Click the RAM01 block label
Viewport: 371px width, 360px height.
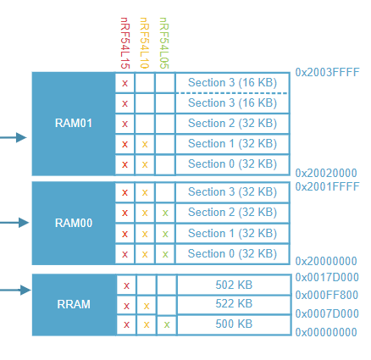click(74, 123)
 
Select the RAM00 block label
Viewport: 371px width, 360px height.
click(74, 223)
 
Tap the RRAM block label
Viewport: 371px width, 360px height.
click(74, 304)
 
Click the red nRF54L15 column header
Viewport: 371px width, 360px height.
click(125, 43)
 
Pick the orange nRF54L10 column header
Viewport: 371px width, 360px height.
click(144, 43)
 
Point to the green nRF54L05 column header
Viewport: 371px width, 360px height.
click(164, 43)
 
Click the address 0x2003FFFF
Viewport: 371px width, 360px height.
click(327, 72)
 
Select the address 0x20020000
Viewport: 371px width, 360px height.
click(326, 173)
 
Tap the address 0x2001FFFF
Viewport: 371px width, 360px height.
click(327, 186)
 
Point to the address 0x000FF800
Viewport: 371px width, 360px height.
click(327, 295)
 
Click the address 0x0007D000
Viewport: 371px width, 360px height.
click(327, 313)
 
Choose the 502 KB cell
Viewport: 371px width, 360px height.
click(234, 285)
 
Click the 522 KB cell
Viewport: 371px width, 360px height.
click(234, 303)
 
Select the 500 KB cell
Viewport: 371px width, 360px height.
click(234, 324)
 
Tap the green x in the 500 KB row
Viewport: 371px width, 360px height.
click(167, 324)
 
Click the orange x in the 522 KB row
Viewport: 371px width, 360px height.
click(147, 306)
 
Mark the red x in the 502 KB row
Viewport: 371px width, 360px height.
click(126, 285)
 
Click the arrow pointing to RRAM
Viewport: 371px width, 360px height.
click(15, 290)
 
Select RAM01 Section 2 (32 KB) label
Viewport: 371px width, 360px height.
click(232, 124)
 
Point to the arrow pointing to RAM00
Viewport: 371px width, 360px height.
click(14, 223)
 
